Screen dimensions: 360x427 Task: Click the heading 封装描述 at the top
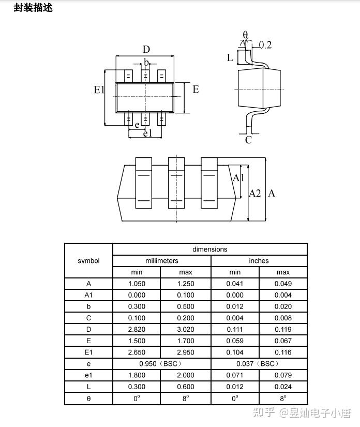coord(33,8)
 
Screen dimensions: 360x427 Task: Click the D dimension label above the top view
coord(146,49)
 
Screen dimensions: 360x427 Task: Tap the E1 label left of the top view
coord(99,90)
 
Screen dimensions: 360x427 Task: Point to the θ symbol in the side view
coord(246,35)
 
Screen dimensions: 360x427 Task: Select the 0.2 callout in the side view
coord(265,45)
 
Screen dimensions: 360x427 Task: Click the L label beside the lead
coord(230,57)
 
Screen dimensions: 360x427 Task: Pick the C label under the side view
coord(248,140)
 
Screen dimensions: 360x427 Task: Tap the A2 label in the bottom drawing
coord(255,194)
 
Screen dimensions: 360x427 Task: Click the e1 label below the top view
coord(148,133)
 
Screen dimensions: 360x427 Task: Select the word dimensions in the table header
coord(210,249)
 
